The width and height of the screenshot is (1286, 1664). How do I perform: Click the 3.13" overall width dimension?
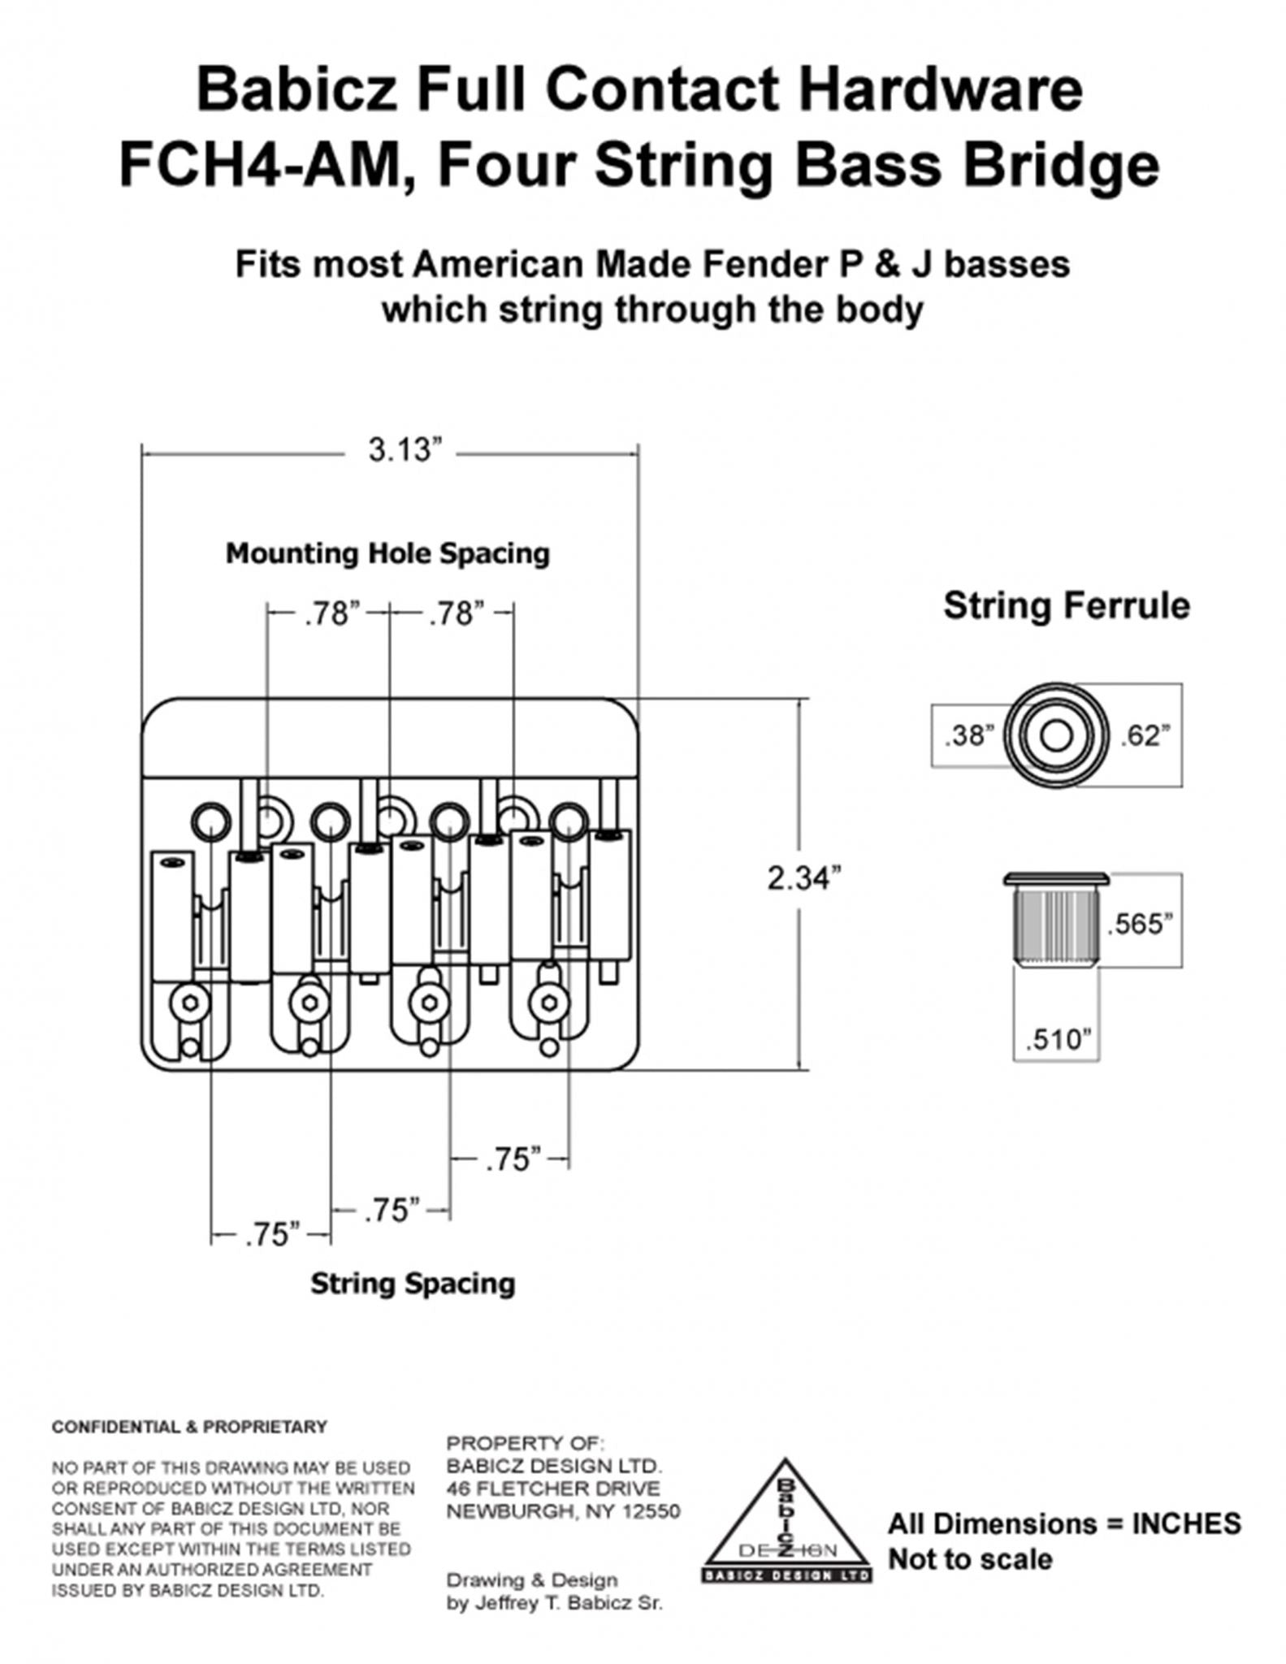(x=404, y=449)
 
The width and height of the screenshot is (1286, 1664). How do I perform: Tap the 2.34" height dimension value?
(x=803, y=877)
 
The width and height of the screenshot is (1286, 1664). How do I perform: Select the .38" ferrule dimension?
(x=968, y=736)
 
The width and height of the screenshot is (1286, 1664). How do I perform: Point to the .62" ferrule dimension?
(x=1145, y=735)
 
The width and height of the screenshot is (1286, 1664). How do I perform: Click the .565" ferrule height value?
(x=1140, y=924)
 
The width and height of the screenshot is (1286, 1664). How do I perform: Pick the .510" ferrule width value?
(x=1057, y=1039)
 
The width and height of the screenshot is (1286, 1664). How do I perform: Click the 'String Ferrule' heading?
(x=1066, y=606)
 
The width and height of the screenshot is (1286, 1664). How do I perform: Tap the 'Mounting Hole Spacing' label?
(x=388, y=554)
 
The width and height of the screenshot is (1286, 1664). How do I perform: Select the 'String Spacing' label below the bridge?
(x=413, y=1284)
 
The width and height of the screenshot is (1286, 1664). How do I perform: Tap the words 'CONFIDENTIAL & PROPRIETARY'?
(x=189, y=1427)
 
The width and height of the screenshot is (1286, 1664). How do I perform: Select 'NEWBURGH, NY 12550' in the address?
(x=563, y=1512)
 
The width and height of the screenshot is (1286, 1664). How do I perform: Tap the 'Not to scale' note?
(x=970, y=1559)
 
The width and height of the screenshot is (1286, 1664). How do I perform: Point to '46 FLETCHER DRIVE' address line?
(x=553, y=1489)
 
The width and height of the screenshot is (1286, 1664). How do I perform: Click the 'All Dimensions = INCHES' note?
(x=1063, y=1523)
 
